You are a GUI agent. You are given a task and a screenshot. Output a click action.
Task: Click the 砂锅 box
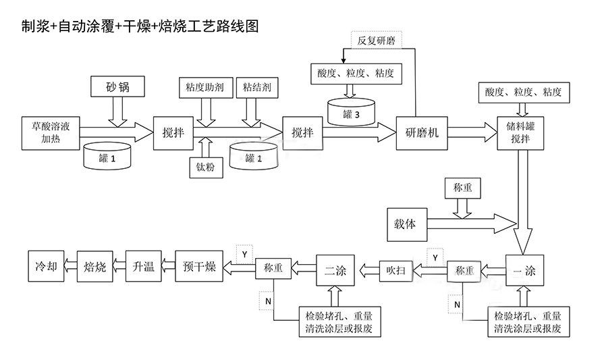pyautogui.click(x=117, y=86)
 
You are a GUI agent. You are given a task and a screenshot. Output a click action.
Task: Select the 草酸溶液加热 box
pyautogui.click(x=51, y=133)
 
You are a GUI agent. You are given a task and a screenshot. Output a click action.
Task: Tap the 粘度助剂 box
pyautogui.click(x=206, y=88)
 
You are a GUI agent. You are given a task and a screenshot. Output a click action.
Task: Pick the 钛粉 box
pyautogui.click(x=206, y=167)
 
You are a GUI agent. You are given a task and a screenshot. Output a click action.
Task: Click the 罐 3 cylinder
pyautogui.click(x=351, y=112)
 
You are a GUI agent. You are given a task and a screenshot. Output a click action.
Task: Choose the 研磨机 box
pyautogui.click(x=422, y=133)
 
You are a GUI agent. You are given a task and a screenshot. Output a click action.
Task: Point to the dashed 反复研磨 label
pyautogui.click(x=377, y=41)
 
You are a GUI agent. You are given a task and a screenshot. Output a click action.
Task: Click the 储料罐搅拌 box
pyautogui.click(x=520, y=133)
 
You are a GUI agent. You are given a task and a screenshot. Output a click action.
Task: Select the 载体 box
pyautogui.click(x=407, y=224)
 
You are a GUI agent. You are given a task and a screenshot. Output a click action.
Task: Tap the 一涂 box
pyautogui.click(x=524, y=270)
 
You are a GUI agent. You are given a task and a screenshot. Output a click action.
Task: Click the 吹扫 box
pyautogui.click(x=396, y=271)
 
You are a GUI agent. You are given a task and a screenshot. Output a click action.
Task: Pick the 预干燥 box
pyautogui.click(x=199, y=266)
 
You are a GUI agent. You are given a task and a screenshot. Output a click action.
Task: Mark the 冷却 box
pyautogui.click(x=46, y=266)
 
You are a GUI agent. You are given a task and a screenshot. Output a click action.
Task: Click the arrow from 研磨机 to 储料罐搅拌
pyautogui.click(x=472, y=132)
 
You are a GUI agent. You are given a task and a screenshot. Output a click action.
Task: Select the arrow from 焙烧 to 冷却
pyautogui.click(x=71, y=266)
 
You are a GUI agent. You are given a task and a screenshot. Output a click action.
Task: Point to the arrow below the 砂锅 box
pyautogui.click(x=117, y=112)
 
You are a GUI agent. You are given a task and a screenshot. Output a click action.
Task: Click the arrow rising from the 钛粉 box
pyautogui.click(x=206, y=147)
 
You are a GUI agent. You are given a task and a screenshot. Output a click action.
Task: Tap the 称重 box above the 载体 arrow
pyautogui.click(x=462, y=188)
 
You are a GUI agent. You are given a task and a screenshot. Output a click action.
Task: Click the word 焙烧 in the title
pyautogui.click(x=172, y=26)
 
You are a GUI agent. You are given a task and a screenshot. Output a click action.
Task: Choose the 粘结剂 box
pyautogui.click(x=257, y=88)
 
